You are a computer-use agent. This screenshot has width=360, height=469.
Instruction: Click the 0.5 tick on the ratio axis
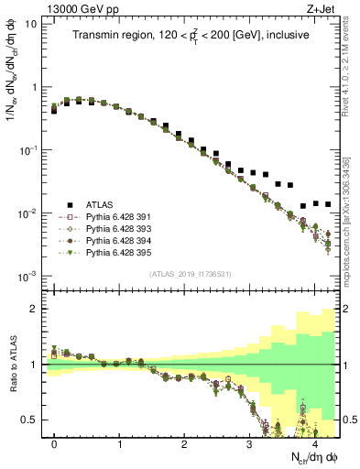(x=31, y=420)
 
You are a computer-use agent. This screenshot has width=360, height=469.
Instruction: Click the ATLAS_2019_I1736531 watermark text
(x=190, y=276)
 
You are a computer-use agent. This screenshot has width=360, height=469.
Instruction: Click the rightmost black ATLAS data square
(x=328, y=203)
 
